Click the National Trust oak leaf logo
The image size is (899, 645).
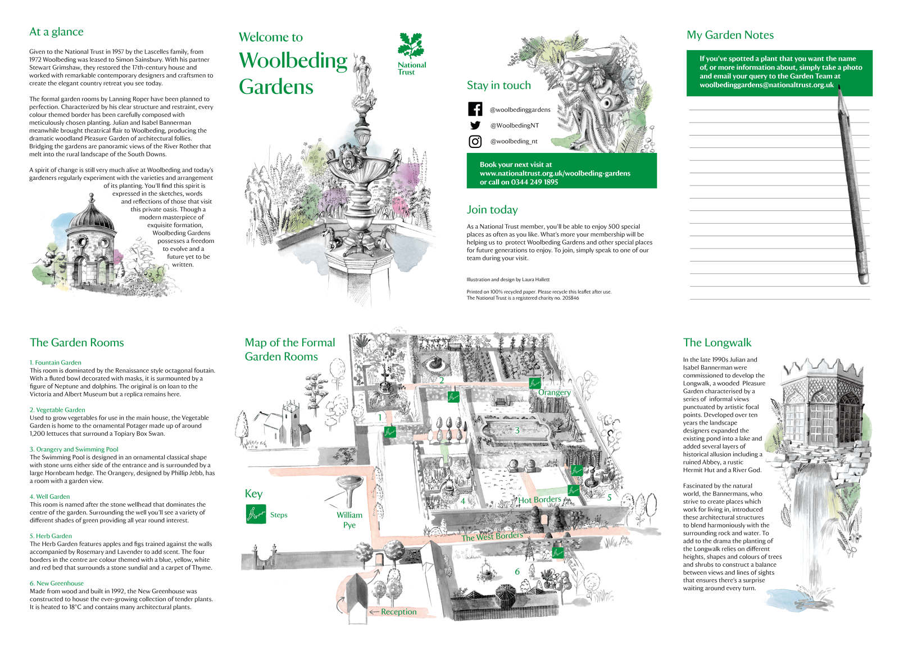411,45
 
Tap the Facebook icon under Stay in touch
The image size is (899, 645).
475,109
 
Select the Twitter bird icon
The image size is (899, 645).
475,125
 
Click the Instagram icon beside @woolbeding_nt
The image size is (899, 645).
475,142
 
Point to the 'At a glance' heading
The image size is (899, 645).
56,32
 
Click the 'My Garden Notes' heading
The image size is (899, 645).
730,35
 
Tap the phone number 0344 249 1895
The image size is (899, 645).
534,182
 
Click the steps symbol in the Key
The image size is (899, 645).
256,514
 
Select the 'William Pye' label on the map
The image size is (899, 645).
349,520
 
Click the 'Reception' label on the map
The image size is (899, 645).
398,612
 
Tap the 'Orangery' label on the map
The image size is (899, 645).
554,393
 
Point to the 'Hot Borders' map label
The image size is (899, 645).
539,499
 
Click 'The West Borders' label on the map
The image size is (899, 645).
492,536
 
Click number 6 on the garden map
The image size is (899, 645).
517,571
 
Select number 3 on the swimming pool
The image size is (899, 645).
517,430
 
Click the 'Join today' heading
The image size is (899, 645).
492,210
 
